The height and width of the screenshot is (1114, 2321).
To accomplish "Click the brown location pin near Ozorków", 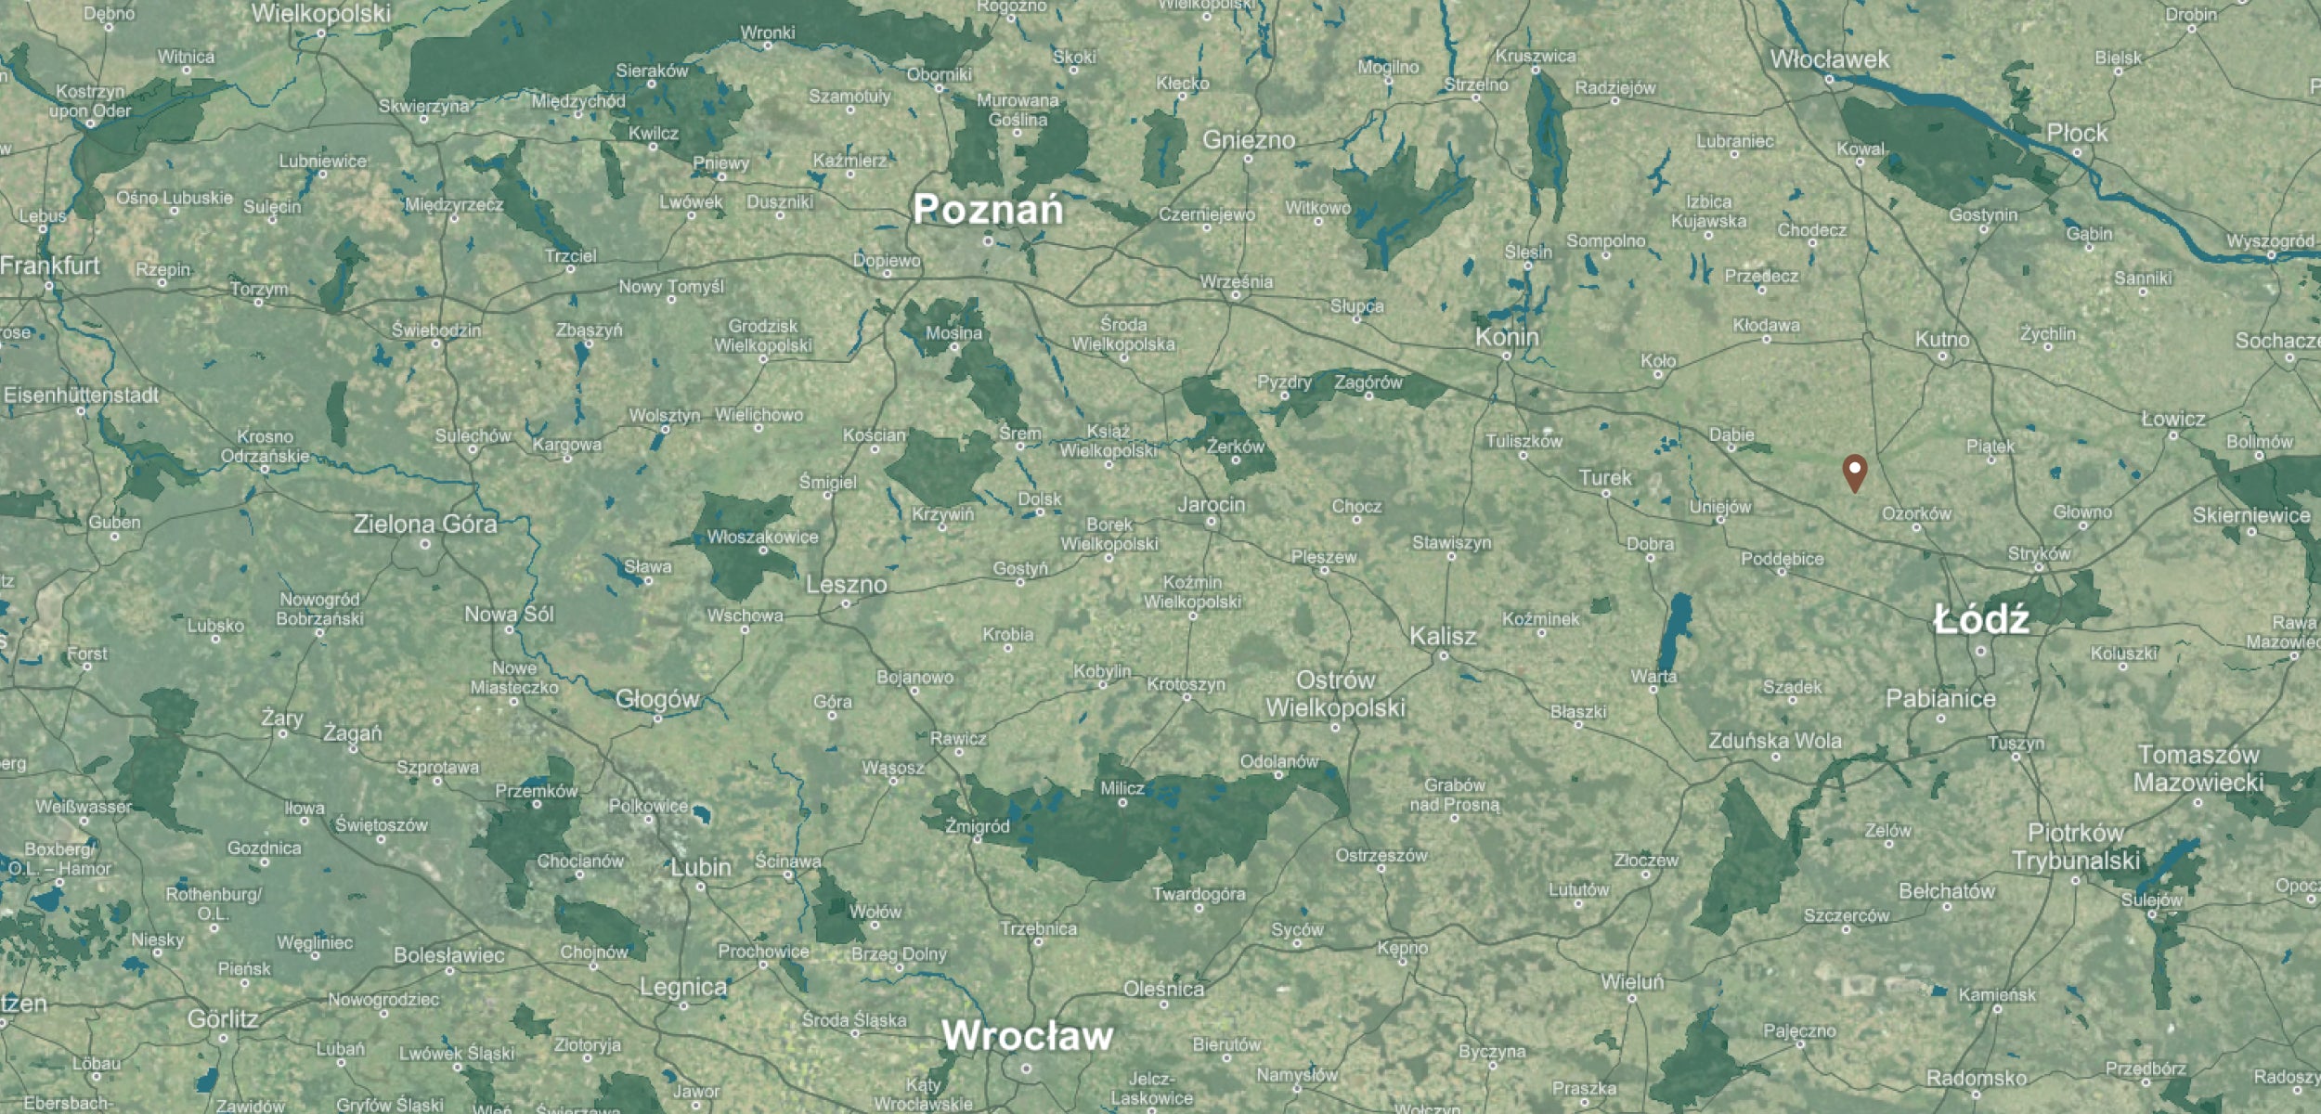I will tap(1854, 472).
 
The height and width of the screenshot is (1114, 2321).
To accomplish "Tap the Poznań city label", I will tap(987, 210).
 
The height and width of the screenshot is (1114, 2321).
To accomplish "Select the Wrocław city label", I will tap(1027, 1036).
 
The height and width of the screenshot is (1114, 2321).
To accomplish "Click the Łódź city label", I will tap(1980, 620).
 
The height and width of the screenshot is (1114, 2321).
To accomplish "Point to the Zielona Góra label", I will tap(425, 525).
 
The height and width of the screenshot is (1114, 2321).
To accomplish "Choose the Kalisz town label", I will tap(1442, 637).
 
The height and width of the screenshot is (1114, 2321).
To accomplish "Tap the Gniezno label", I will tap(1248, 140).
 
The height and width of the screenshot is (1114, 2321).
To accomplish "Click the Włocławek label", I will tap(1828, 59).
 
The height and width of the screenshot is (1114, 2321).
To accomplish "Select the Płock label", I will tap(2077, 134).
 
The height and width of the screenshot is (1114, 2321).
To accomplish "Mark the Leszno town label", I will tap(846, 585).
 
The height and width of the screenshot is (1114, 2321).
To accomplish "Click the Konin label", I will tap(1506, 337).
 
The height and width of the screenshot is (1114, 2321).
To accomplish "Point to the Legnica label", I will tap(682, 987).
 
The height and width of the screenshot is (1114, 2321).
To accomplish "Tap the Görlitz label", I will tap(223, 1019).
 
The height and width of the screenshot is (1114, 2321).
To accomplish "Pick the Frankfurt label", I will tap(50, 266).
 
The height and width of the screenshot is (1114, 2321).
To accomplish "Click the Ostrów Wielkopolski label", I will tap(1335, 694).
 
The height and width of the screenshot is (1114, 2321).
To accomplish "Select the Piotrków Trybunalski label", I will tap(2076, 847).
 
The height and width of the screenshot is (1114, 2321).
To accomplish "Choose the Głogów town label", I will tap(656, 699).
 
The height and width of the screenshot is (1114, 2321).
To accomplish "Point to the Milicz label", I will tap(1122, 788).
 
